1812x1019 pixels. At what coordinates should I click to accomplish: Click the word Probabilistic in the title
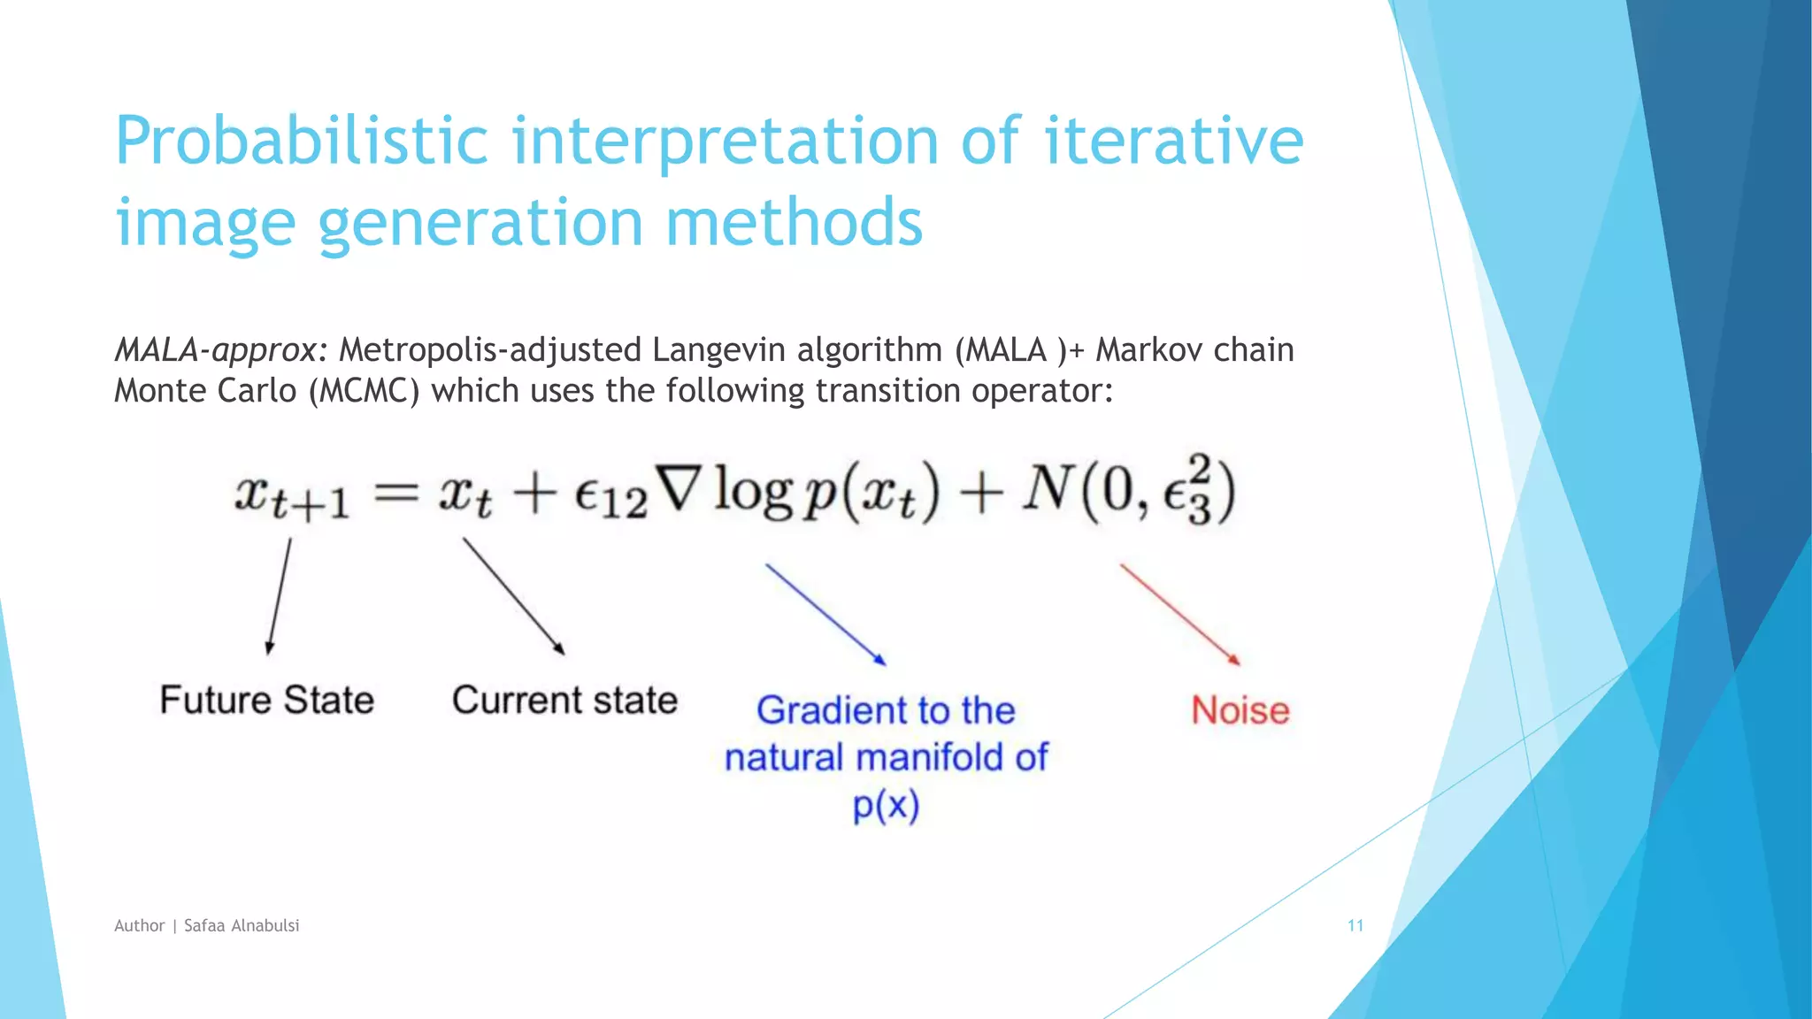tap(301, 142)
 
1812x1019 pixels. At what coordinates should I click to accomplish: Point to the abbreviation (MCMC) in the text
tap(364, 391)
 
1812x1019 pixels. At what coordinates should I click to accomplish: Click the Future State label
tap(266, 701)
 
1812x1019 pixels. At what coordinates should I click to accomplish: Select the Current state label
tap(564, 701)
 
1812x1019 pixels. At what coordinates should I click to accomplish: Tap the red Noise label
tap(1240, 711)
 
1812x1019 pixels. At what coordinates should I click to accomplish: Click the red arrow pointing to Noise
tap(1180, 614)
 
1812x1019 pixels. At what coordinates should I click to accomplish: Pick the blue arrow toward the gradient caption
tap(825, 614)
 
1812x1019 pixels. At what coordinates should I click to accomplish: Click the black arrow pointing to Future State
tap(279, 596)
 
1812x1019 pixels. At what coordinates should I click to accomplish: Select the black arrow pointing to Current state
tap(513, 596)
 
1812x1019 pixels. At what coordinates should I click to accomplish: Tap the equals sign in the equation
tap(395, 493)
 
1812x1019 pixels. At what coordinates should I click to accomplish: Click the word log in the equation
tap(752, 491)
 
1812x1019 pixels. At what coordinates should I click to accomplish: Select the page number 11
tap(1355, 925)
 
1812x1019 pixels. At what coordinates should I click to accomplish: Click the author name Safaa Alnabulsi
tap(242, 925)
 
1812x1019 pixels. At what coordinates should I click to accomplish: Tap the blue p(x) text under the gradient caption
tap(886, 806)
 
